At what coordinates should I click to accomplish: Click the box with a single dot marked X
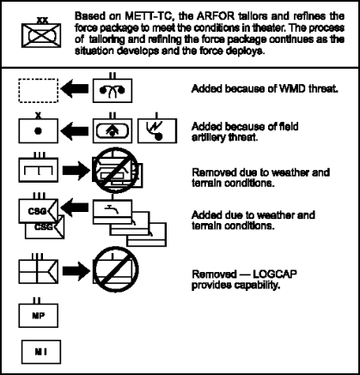pos(38,133)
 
